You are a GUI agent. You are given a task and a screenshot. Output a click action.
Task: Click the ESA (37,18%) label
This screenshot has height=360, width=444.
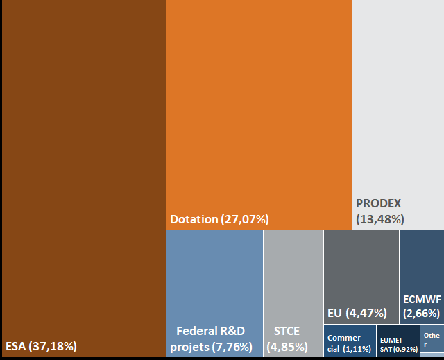pos(41,346)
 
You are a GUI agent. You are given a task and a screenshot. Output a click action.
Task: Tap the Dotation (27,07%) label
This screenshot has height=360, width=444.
pos(219,219)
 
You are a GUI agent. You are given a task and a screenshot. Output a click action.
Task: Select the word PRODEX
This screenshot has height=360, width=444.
pos(379,203)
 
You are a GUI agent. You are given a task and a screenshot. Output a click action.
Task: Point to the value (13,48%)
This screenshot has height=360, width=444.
pos(380,219)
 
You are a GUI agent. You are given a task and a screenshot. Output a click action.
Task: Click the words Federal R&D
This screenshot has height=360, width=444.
pos(211,331)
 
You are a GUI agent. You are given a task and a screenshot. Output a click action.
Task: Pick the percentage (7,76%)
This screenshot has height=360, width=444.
pos(232,347)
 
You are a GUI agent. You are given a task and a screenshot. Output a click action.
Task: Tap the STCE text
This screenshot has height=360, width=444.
pos(287,331)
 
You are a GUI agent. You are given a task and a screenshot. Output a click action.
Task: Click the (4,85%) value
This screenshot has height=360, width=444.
pos(287,347)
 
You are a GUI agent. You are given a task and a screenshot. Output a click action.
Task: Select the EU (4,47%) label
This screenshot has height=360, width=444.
pos(357,313)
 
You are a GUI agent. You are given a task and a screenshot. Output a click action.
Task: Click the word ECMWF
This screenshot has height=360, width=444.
pos(422,300)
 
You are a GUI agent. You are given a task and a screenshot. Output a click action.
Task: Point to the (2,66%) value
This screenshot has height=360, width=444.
pos(421,314)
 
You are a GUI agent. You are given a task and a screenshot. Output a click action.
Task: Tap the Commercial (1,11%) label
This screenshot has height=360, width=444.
pos(349,343)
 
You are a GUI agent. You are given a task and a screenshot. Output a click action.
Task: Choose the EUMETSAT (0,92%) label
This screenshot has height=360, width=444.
pos(399,345)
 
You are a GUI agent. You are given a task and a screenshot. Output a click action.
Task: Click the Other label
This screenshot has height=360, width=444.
pos(432,340)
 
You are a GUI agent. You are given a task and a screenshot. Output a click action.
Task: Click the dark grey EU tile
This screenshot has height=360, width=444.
pos(361,277)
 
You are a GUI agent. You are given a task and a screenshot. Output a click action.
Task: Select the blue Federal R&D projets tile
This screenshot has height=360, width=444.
pos(214,293)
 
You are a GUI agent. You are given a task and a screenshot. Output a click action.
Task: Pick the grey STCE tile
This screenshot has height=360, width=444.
pos(293,293)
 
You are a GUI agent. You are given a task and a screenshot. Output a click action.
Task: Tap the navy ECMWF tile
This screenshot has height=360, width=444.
pos(422,277)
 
